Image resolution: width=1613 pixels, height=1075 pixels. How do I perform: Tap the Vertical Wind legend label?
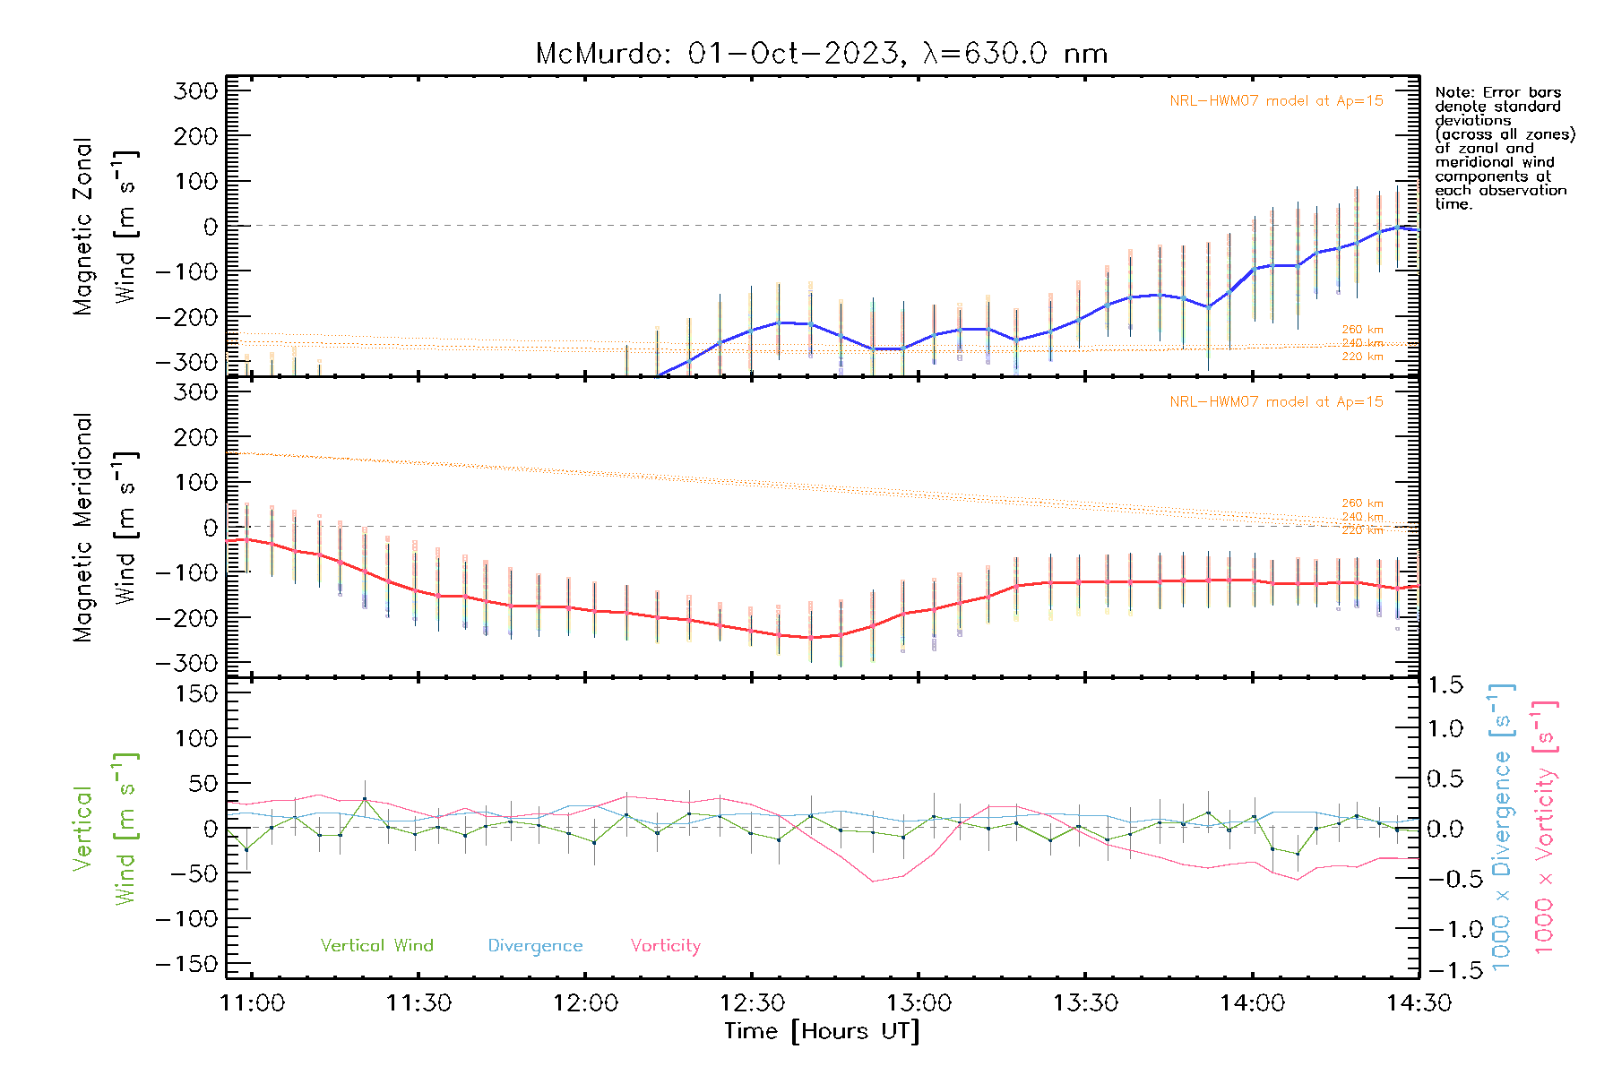(x=376, y=945)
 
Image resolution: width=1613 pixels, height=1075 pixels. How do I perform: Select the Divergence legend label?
(x=535, y=945)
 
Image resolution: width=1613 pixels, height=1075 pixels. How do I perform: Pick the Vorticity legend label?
(x=665, y=945)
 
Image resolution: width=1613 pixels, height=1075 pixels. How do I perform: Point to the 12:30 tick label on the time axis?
(x=752, y=1002)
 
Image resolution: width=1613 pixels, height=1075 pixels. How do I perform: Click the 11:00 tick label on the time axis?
(x=252, y=1002)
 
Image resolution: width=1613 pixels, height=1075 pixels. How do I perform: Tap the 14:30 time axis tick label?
(x=1419, y=1002)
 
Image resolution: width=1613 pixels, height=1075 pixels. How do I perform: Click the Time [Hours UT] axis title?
(x=821, y=1031)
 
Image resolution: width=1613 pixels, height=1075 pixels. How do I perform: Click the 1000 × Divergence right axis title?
(x=1501, y=826)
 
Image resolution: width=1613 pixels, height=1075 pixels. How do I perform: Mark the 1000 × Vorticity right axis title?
(x=1544, y=826)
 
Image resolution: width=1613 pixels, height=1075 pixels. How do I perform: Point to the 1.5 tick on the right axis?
(x=1445, y=685)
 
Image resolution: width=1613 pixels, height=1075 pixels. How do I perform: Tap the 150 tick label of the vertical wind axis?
(x=196, y=693)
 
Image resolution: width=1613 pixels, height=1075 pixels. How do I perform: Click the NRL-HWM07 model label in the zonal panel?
(x=1276, y=101)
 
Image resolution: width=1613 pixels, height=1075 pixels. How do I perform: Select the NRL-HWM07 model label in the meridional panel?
(x=1276, y=402)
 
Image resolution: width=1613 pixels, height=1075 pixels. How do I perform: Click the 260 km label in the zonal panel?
(x=1362, y=330)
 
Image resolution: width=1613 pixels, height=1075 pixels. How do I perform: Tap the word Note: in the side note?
(x=1454, y=92)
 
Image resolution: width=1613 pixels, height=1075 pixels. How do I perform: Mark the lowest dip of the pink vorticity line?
(x=873, y=881)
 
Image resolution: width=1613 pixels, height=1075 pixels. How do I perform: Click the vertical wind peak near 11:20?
(x=365, y=798)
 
